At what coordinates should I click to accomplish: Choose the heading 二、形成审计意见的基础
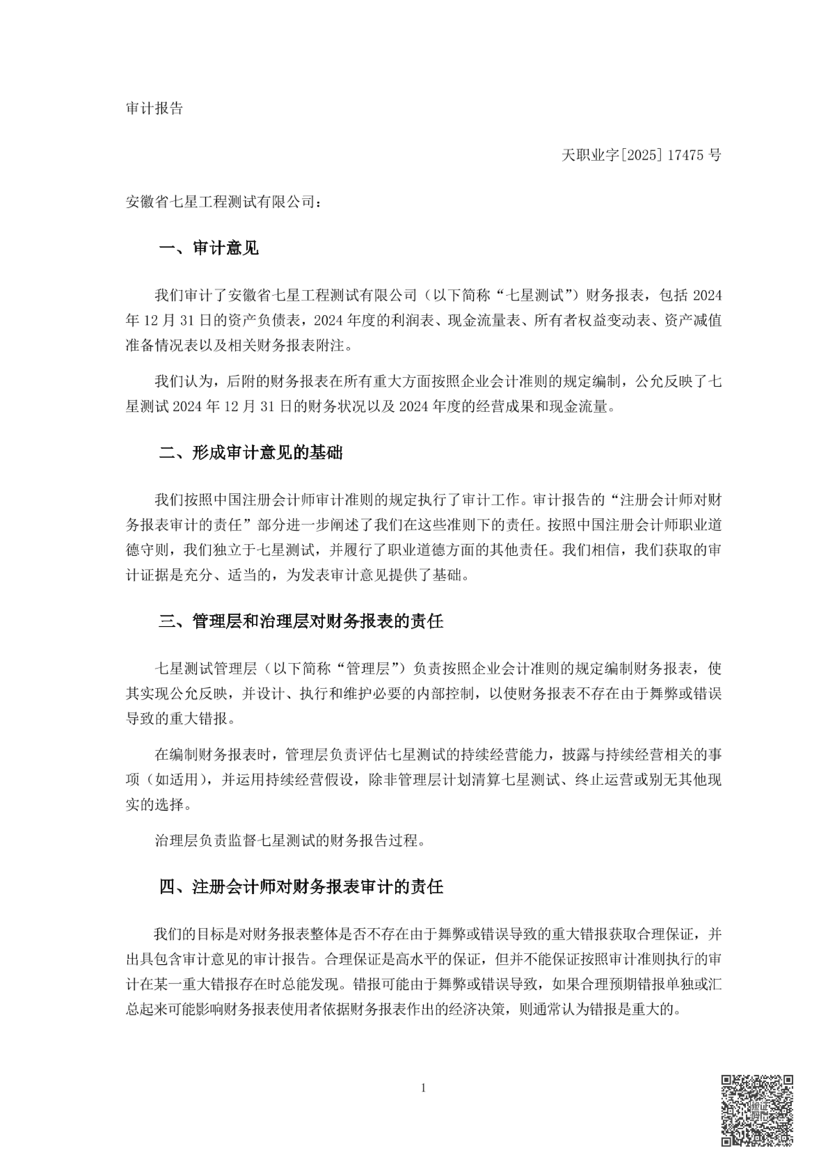251,452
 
